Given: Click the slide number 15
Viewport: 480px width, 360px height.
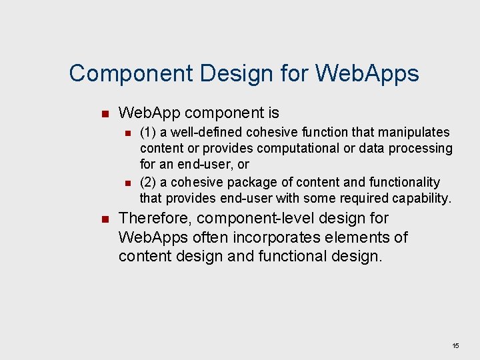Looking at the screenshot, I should pos(456,346).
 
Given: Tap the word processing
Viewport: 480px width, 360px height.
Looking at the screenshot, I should pos(422,148).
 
